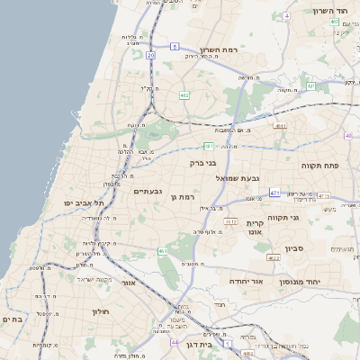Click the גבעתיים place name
(x=147, y=191)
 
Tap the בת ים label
(x=12, y=319)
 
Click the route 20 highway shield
(x=151, y=55)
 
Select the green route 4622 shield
(x=273, y=258)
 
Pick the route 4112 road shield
(x=230, y=221)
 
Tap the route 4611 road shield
(x=280, y=126)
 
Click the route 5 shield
(x=175, y=44)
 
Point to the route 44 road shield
(x=174, y=343)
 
